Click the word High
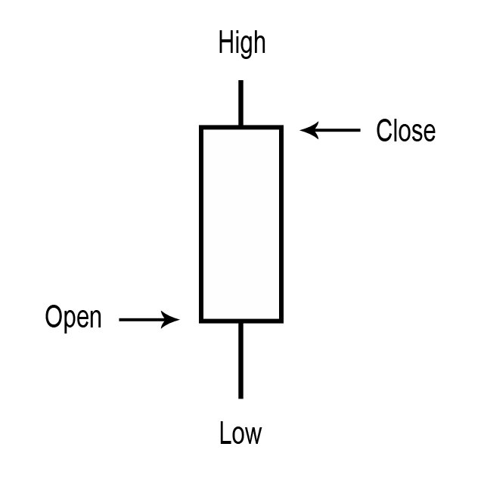pyautogui.click(x=242, y=43)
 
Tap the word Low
pyautogui.click(x=240, y=434)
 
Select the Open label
pyautogui.click(x=73, y=318)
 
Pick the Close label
pyautogui.click(x=406, y=131)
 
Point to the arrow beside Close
pyautogui.click(x=330, y=131)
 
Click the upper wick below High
pyautogui.click(x=240, y=103)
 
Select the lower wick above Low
pyautogui.click(x=240, y=359)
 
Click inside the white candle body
pyautogui.click(x=240, y=224)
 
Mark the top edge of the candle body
pyautogui.click(x=240, y=127)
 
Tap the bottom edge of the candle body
pyautogui.click(x=240, y=321)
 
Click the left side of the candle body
pyautogui.click(x=202, y=224)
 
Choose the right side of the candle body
pyautogui.click(x=281, y=224)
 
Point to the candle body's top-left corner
pyautogui.click(x=202, y=127)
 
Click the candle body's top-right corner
pyautogui.click(x=281, y=127)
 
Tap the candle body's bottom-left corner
pyautogui.click(x=202, y=321)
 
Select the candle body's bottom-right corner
pyautogui.click(x=281, y=321)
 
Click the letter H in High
pyautogui.click(x=225, y=43)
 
